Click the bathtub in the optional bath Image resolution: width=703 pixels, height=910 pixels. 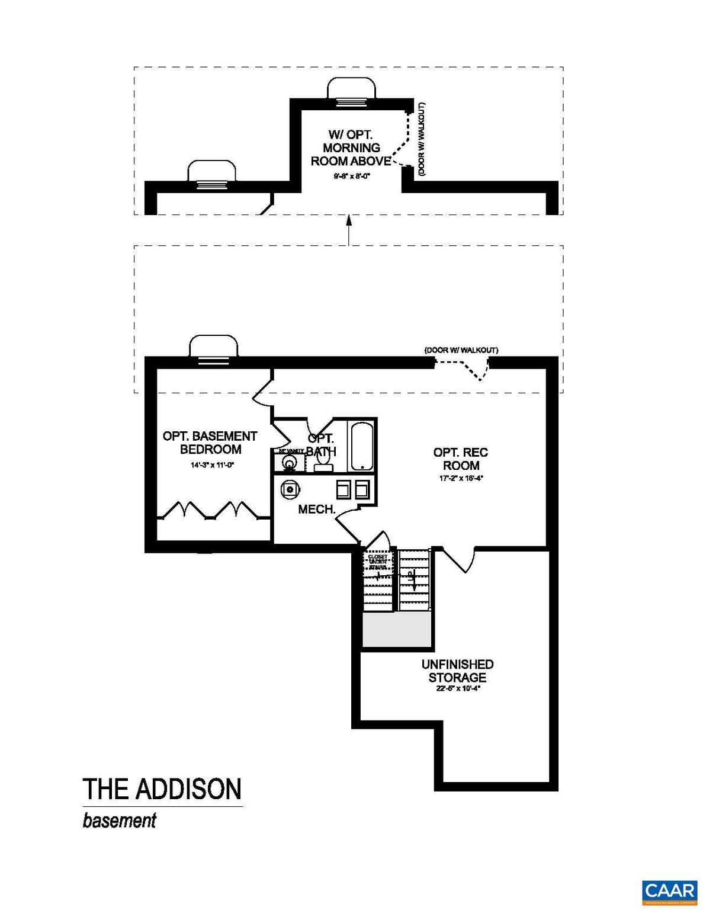[x=362, y=446]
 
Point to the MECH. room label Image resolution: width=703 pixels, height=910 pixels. [x=317, y=510]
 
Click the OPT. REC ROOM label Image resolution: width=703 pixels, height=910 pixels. [x=461, y=459]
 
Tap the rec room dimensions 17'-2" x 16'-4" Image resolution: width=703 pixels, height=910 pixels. [x=461, y=478]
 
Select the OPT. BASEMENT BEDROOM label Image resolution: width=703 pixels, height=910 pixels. [x=210, y=443]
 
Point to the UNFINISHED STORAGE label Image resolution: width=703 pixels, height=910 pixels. [x=457, y=671]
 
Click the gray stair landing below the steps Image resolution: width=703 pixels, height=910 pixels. [x=396, y=630]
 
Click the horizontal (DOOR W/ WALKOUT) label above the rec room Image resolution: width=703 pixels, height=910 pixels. [x=461, y=350]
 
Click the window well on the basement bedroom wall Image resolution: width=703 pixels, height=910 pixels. [x=213, y=347]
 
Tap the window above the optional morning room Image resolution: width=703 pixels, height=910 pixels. [x=352, y=92]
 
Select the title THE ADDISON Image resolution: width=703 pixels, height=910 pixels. [x=162, y=789]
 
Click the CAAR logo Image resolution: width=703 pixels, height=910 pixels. [x=669, y=891]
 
